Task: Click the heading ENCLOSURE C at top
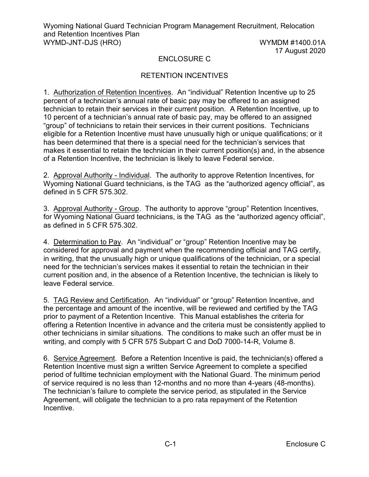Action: click(x=184, y=59)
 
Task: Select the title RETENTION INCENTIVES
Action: click(x=184, y=76)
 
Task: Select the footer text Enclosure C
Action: click(x=305, y=444)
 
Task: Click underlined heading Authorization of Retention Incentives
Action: click(x=112, y=92)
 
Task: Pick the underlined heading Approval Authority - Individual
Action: click(x=101, y=175)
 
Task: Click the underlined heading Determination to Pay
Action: click(x=87, y=242)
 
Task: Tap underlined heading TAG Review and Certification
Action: click(x=101, y=300)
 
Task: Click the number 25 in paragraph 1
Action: click(x=311, y=92)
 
